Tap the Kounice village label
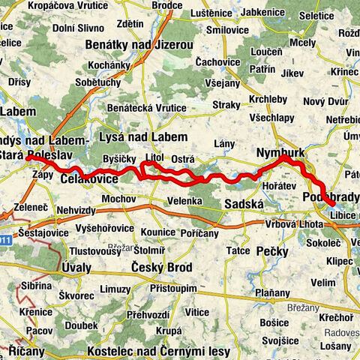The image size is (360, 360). (x=157, y=232)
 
